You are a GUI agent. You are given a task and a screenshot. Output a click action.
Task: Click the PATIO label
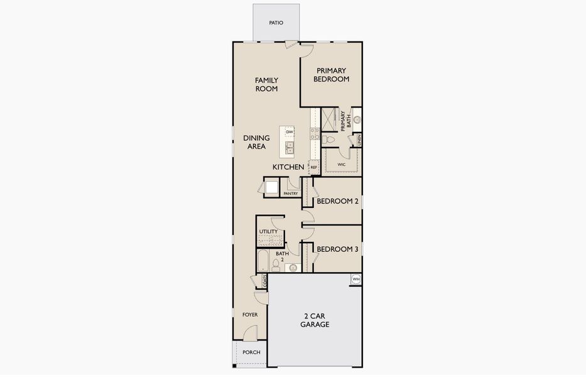tap(276, 23)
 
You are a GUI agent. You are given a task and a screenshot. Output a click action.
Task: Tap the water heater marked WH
tap(355, 279)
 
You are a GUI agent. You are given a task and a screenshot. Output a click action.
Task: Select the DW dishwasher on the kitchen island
tap(290, 132)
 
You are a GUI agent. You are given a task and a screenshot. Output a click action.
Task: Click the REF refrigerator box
tap(313, 167)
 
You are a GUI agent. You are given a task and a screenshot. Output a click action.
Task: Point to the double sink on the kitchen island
tap(290, 148)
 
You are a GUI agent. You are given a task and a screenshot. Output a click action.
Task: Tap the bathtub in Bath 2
tap(263, 261)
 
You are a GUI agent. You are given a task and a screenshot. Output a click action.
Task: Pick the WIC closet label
tap(342, 165)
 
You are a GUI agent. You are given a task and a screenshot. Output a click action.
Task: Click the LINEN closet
tap(359, 139)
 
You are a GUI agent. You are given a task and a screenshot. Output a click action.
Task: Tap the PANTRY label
tap(290, 194)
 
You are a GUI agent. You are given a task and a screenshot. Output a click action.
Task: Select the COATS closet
tap(264, 281)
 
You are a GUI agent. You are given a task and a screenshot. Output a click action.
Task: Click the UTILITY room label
tap(268, 232)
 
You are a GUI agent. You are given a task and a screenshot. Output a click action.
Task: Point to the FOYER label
tap(250, 314)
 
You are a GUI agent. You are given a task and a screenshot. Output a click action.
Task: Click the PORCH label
tap(251, 352)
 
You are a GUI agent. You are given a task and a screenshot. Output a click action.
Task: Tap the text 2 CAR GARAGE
tap(315, 320)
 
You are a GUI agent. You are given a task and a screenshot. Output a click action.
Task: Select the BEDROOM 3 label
tap(337, 249)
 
